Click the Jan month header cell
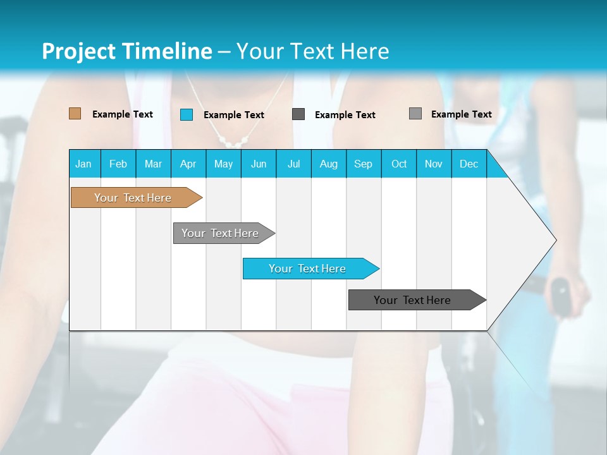click(x=84, y=164)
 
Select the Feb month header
click(x=118, y=164)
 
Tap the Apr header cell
click(x=188, y=164)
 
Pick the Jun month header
click(x=259, y=164)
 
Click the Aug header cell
click(x=328, y=164)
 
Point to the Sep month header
click(x=363, y=164)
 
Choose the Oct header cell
click(x=399, y=164)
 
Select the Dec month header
click(x=469, y=164)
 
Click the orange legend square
click(x=75, y=114)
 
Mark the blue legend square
click(x=187, y=114)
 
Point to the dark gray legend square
click(x=298, y=114)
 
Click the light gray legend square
click(x=415, y=114)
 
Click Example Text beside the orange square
click(x=123, y=114)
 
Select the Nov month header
click(x=434, y=164)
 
